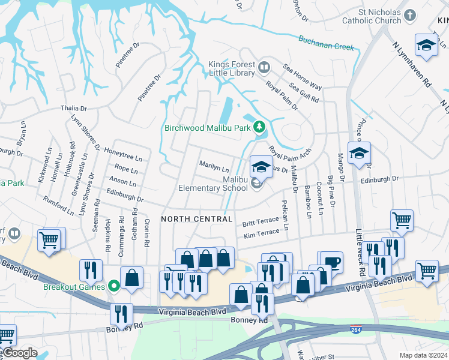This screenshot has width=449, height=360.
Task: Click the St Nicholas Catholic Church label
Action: tap(371, 16)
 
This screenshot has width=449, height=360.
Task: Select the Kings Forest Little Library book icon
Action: tap(265, 67)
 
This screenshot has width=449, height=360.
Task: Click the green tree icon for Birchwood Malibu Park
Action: tap(259, 127)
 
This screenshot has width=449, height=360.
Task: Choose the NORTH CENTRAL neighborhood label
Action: tap(196, 219)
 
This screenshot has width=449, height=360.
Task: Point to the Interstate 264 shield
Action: tap(356, 329)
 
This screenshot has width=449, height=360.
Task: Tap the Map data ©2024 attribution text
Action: tap(423, 355)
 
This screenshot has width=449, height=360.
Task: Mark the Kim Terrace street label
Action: tap(261, 232)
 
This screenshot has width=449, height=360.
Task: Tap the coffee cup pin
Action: tap(331, 261)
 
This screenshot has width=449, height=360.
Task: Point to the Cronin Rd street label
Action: tap(146, 236)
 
